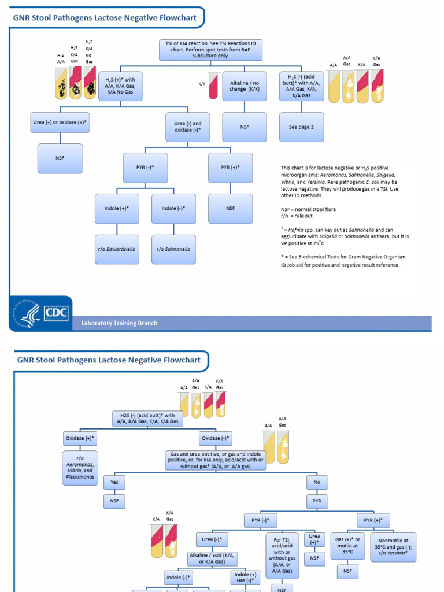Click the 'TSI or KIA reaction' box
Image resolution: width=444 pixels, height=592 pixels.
point(210,50)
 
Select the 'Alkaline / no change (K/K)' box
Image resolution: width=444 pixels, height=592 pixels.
point(245,86)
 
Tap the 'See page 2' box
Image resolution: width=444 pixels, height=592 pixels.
point(301,127)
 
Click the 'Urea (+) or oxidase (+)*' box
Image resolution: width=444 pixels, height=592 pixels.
point(60,123)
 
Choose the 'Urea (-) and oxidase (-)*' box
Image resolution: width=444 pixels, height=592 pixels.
point(188,127)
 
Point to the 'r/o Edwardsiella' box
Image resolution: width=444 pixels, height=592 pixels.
point(117,249)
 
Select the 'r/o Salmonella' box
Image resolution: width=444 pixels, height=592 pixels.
point(173,249)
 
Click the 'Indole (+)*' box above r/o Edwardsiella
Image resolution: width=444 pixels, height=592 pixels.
point(117,208)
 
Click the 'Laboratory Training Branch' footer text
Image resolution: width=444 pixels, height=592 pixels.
point(119,323)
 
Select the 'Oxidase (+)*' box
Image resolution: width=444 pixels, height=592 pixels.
point(80,439)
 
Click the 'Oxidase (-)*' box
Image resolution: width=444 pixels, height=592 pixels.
point(216,439)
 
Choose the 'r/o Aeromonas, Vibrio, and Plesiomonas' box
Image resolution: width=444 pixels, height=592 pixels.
point(80,468)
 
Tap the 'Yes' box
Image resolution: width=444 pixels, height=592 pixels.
point(114,482)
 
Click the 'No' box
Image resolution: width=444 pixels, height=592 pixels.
point(316,482)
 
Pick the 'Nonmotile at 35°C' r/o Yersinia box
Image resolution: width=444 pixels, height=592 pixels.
point(393,546)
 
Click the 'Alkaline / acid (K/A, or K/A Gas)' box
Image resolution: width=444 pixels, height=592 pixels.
point(213,558)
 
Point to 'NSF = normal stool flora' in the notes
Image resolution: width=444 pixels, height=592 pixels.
point(308,209)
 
